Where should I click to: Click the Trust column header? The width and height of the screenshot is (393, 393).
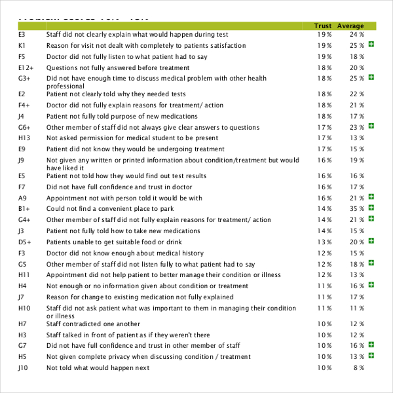[323, 26]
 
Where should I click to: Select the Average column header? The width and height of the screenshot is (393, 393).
[350, 26]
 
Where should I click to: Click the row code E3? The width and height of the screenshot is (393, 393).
[22, 34]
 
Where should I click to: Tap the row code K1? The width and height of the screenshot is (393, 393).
[22, 46]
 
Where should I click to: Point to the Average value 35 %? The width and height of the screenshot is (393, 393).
[357, 209]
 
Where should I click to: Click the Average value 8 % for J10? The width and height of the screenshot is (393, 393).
[359, 368]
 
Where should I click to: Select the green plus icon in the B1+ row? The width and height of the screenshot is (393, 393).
[371, 208]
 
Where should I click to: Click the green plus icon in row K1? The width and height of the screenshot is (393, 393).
[371, 45]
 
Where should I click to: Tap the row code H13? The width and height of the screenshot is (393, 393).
[24, 138]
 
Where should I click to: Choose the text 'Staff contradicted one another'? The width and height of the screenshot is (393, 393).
[93, 324]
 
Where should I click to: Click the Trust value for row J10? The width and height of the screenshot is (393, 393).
[325, 368]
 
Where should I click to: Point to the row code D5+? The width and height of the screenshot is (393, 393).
[25, 242]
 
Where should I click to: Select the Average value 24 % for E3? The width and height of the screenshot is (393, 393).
[357, 34]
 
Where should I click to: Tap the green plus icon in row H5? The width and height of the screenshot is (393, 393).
[371, 356]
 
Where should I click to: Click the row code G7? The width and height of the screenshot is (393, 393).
[22, 346]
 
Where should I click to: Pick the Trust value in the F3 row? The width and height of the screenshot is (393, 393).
[325, 253]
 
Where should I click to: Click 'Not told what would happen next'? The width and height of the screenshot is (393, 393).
[98, 368]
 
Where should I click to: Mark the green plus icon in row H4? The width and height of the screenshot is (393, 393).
[371, 286]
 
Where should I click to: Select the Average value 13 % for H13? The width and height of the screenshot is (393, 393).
[357, 138]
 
